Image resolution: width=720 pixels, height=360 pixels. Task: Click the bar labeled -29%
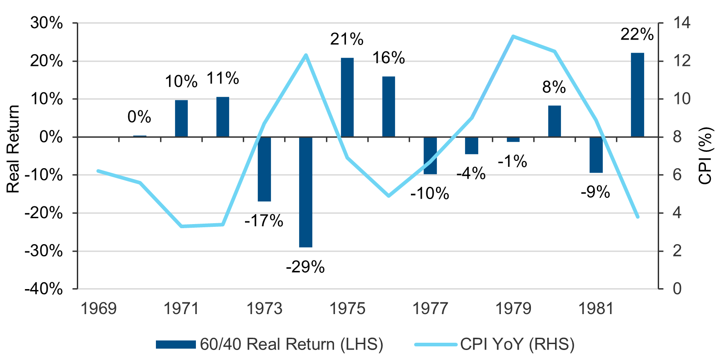tap(305, 192)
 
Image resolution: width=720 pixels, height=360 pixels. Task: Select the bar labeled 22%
tap(637, 95)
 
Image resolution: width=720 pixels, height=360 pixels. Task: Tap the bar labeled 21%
tap(347, 97)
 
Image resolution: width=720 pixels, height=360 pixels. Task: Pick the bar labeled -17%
tap(264, 169)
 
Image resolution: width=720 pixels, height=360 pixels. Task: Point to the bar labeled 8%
tap(555, 121)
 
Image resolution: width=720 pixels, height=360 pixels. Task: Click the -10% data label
tap(430, 194)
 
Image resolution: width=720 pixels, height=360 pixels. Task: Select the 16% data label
tap(389, 58)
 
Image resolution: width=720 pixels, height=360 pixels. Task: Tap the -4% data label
tap(471, 173)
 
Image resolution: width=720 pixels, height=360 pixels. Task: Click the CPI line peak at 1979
tap(513, 36)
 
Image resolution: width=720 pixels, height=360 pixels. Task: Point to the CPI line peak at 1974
tap(306, 55)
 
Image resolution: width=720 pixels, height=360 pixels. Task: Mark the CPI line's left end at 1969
tap(98, 171)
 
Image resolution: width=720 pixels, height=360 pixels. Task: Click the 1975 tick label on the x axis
tap(347, 309)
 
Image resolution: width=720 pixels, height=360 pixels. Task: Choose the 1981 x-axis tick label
tap(596, 309)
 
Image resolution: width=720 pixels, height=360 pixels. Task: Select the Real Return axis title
tap(13, 149)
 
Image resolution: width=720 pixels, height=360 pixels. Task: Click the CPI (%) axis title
tap(705, 156)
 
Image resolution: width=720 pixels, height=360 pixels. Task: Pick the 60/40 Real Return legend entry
tap(270, 344)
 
